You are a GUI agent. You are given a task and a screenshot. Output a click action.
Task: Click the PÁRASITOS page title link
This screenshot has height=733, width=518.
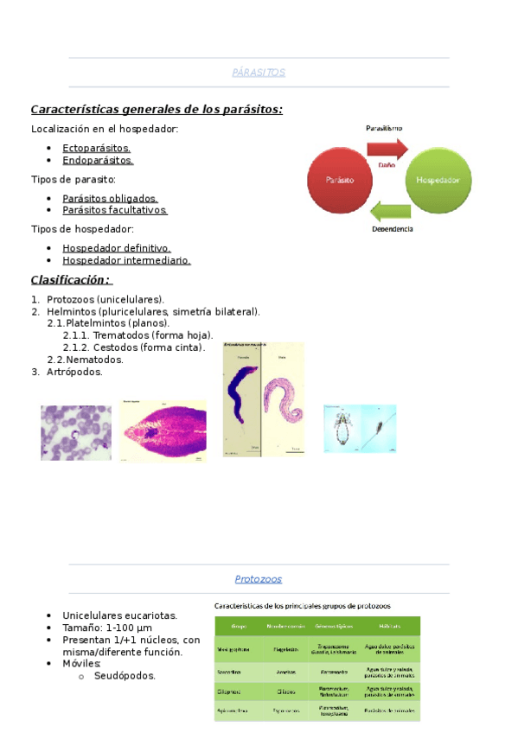click(x=259, y=73)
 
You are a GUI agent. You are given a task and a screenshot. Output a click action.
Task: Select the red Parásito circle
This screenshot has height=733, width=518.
click(x=338, y=181)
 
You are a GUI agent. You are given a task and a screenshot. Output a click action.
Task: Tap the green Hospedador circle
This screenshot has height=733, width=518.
click(x=440, y=181)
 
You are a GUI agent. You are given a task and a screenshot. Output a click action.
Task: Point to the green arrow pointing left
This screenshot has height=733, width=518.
click(x=390, y=211)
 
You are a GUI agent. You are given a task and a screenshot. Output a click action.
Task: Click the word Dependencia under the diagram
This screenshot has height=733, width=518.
click(x=392, y=229)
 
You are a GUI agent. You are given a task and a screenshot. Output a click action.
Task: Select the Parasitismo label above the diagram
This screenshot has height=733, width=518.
click(x=383, y=128)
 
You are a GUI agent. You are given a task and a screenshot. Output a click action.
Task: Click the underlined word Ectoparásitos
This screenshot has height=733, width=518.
click(x=96, y=148)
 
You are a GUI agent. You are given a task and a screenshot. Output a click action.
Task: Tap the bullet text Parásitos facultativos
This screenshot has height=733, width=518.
click(x=114, y=210)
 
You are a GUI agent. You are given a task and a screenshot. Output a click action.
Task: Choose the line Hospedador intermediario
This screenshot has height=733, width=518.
click(x=126, y=260)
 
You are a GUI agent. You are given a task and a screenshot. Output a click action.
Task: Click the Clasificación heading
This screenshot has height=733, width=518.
click(x=71, y=279)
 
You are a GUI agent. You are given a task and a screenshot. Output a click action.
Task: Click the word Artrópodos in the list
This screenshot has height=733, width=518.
click(x=74, y=372)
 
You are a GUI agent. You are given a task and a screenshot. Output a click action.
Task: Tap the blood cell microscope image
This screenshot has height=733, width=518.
click(x=76, y=432)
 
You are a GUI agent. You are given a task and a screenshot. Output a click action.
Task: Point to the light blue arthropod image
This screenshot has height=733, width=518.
click(x=359, y=428)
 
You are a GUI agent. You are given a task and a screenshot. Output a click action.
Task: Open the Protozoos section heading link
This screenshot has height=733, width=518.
click(x=259, y=579)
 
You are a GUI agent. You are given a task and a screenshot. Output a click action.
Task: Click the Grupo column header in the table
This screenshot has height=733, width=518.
click(x=239, y=625)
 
